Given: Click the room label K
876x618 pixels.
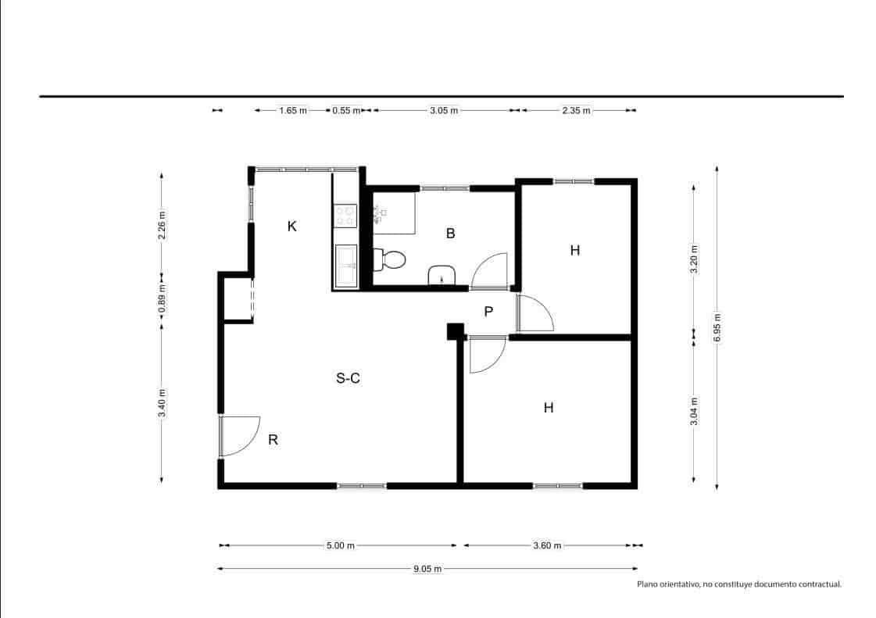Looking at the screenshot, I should pos(291,227).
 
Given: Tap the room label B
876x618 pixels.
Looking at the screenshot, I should pos(450,233).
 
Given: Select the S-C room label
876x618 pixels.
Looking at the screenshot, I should pos(348,378).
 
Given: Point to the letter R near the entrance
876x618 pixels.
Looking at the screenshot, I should pos(273,440).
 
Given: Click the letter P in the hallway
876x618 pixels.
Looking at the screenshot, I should pos(488,312).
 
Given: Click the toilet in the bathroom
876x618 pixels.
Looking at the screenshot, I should pos(390,259).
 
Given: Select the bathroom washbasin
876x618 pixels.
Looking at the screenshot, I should pos(442,275).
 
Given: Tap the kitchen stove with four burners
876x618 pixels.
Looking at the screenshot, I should pos(345,216).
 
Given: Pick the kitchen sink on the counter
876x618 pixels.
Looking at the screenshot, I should pos(345,266).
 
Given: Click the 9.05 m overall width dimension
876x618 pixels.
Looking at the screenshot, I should pos(427,569).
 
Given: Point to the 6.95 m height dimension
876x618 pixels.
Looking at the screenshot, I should pos(717,328).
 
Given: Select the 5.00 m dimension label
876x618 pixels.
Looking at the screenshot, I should pos(340,545).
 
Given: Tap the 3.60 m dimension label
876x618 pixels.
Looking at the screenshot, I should pos(547,545).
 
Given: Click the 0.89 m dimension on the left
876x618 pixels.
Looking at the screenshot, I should pos(162,297).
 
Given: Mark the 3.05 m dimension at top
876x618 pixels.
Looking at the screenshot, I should pos(444,110).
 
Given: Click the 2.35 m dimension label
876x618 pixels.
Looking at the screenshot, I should pos(577,110).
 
